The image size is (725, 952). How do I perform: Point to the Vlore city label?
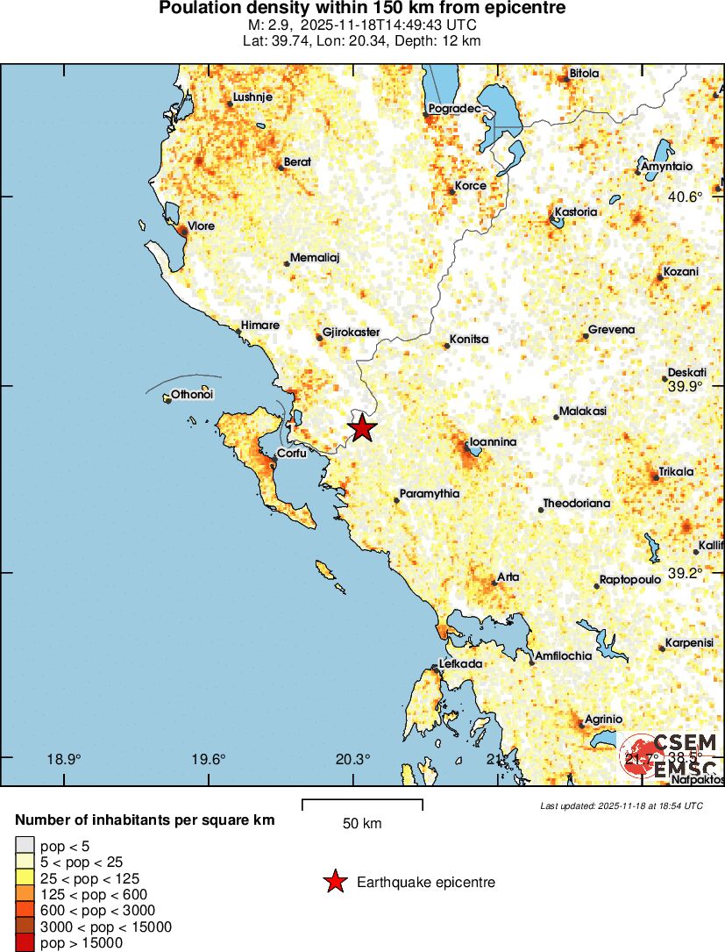[x=201, y=226]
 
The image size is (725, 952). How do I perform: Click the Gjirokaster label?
[x=351, y=333]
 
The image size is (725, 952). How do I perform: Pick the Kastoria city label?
[x=576, y=212]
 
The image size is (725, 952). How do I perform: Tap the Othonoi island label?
[x=192, y=395]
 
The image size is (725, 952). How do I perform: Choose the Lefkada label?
[x=460, y=664]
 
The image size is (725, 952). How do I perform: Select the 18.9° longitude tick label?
[x=64, y=760]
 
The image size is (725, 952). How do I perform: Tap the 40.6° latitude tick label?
[x=685, y=197]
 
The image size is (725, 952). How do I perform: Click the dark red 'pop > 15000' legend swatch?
[x=23, y=943]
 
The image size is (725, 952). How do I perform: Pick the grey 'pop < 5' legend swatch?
[x=23, y=846]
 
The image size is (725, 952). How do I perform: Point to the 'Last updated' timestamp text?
[x=621, y=805]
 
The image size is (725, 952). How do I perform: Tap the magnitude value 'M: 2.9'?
[x=273, y=25]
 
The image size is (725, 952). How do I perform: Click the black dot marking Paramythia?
[x=397, y=500]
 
